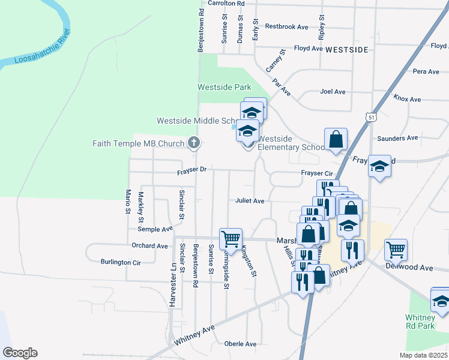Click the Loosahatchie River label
point(37,52)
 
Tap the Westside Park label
point(224,88)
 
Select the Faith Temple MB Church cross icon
point(193,143)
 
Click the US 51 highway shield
point(372,118)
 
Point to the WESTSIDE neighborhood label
point(346,50)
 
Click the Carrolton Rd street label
point(227,4)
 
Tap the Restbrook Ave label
point(286,26)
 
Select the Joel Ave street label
point(333,92)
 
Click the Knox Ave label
point(407,97)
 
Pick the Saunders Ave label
point(397,138)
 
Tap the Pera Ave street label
point(426,71)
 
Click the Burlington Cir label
point(121,262)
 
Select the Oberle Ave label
point(240,344)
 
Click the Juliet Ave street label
point(250,201)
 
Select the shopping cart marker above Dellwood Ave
point(396,248)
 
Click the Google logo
point(20,353)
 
